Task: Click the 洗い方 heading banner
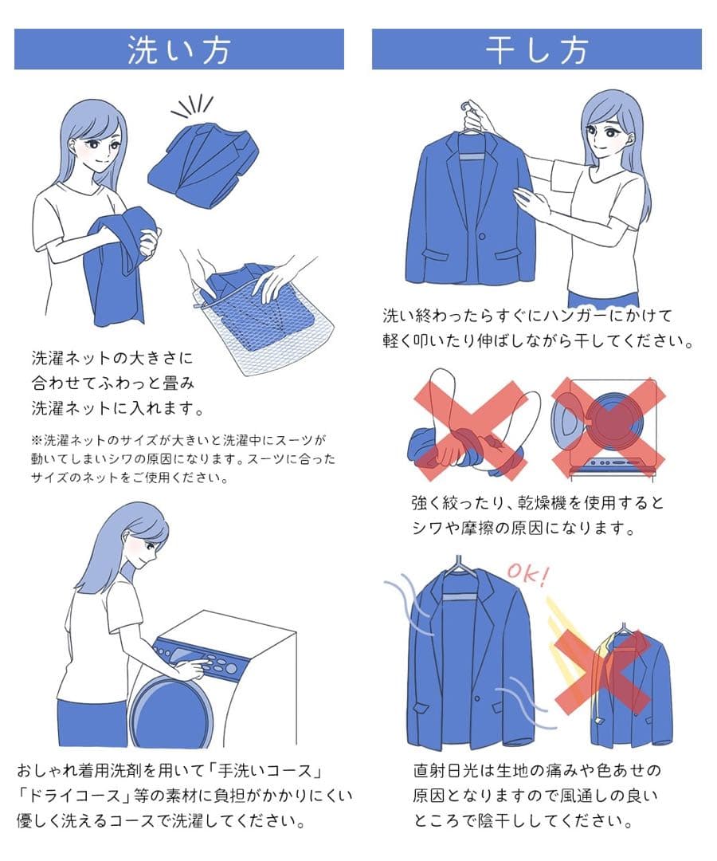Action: click(x=178, y=49)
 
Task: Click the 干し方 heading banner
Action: click(x=536, y=49)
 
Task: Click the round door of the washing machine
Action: click(x=171, y=710)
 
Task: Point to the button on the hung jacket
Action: click(x=482, y=237)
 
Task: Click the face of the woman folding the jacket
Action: click(x=104, y=143)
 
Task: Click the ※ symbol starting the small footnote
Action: click(x=37, y=440)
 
